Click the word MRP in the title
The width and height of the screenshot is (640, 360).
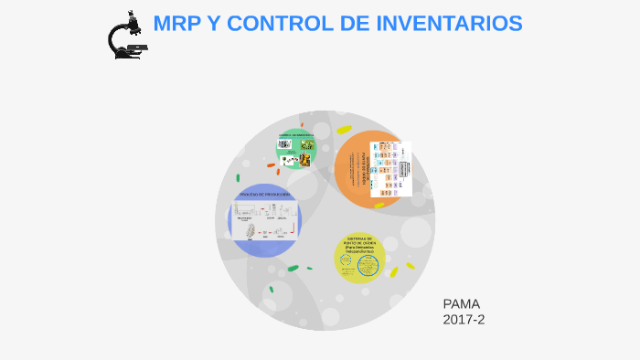tap(177, 24)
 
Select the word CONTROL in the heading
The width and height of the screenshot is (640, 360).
tap(272, 24)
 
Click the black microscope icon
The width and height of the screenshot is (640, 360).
tap(126, 37)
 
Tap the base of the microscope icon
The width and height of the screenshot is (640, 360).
tap(128, 55)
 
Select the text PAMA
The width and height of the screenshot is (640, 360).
tap(462, 304)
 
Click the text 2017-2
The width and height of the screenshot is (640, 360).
tap(464, 320)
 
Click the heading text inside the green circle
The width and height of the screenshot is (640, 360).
tap(296, 134)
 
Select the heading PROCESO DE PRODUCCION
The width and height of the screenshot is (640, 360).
tap(264, 195)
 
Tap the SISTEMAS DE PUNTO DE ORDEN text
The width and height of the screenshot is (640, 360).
tap(358, 244)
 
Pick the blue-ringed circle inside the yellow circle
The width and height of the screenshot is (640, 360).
tap(368, 266)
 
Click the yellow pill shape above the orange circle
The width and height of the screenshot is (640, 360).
tap(344, 129)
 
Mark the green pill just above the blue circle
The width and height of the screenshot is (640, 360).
tap(238, 178)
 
